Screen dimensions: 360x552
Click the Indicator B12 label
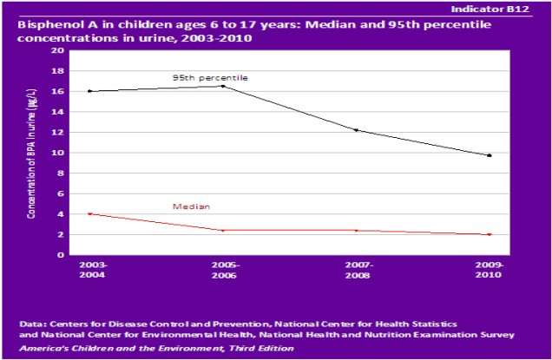[x=511, y=8]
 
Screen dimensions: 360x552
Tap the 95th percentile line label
[x=210, y=78]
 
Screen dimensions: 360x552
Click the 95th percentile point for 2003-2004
[x=90, y=91]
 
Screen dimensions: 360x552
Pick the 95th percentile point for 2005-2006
[x=223, y=86]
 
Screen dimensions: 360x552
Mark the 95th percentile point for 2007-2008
[x=356, y=130]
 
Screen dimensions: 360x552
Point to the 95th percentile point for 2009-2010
[x=490, y=155]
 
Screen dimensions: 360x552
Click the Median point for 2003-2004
[x=90, y=213]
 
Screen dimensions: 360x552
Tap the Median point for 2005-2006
[x=223, y=230]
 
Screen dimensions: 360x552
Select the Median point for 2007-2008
[x=356, y=230]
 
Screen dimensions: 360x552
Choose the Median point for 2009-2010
[x=490, y=234]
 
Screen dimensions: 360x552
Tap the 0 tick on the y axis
[x=62, y=255]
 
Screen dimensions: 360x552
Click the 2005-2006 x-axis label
[x=223, y=270]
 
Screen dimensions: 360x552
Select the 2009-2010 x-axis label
[x=490, y=270]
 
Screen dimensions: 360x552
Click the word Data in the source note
[x=32, y=323]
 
